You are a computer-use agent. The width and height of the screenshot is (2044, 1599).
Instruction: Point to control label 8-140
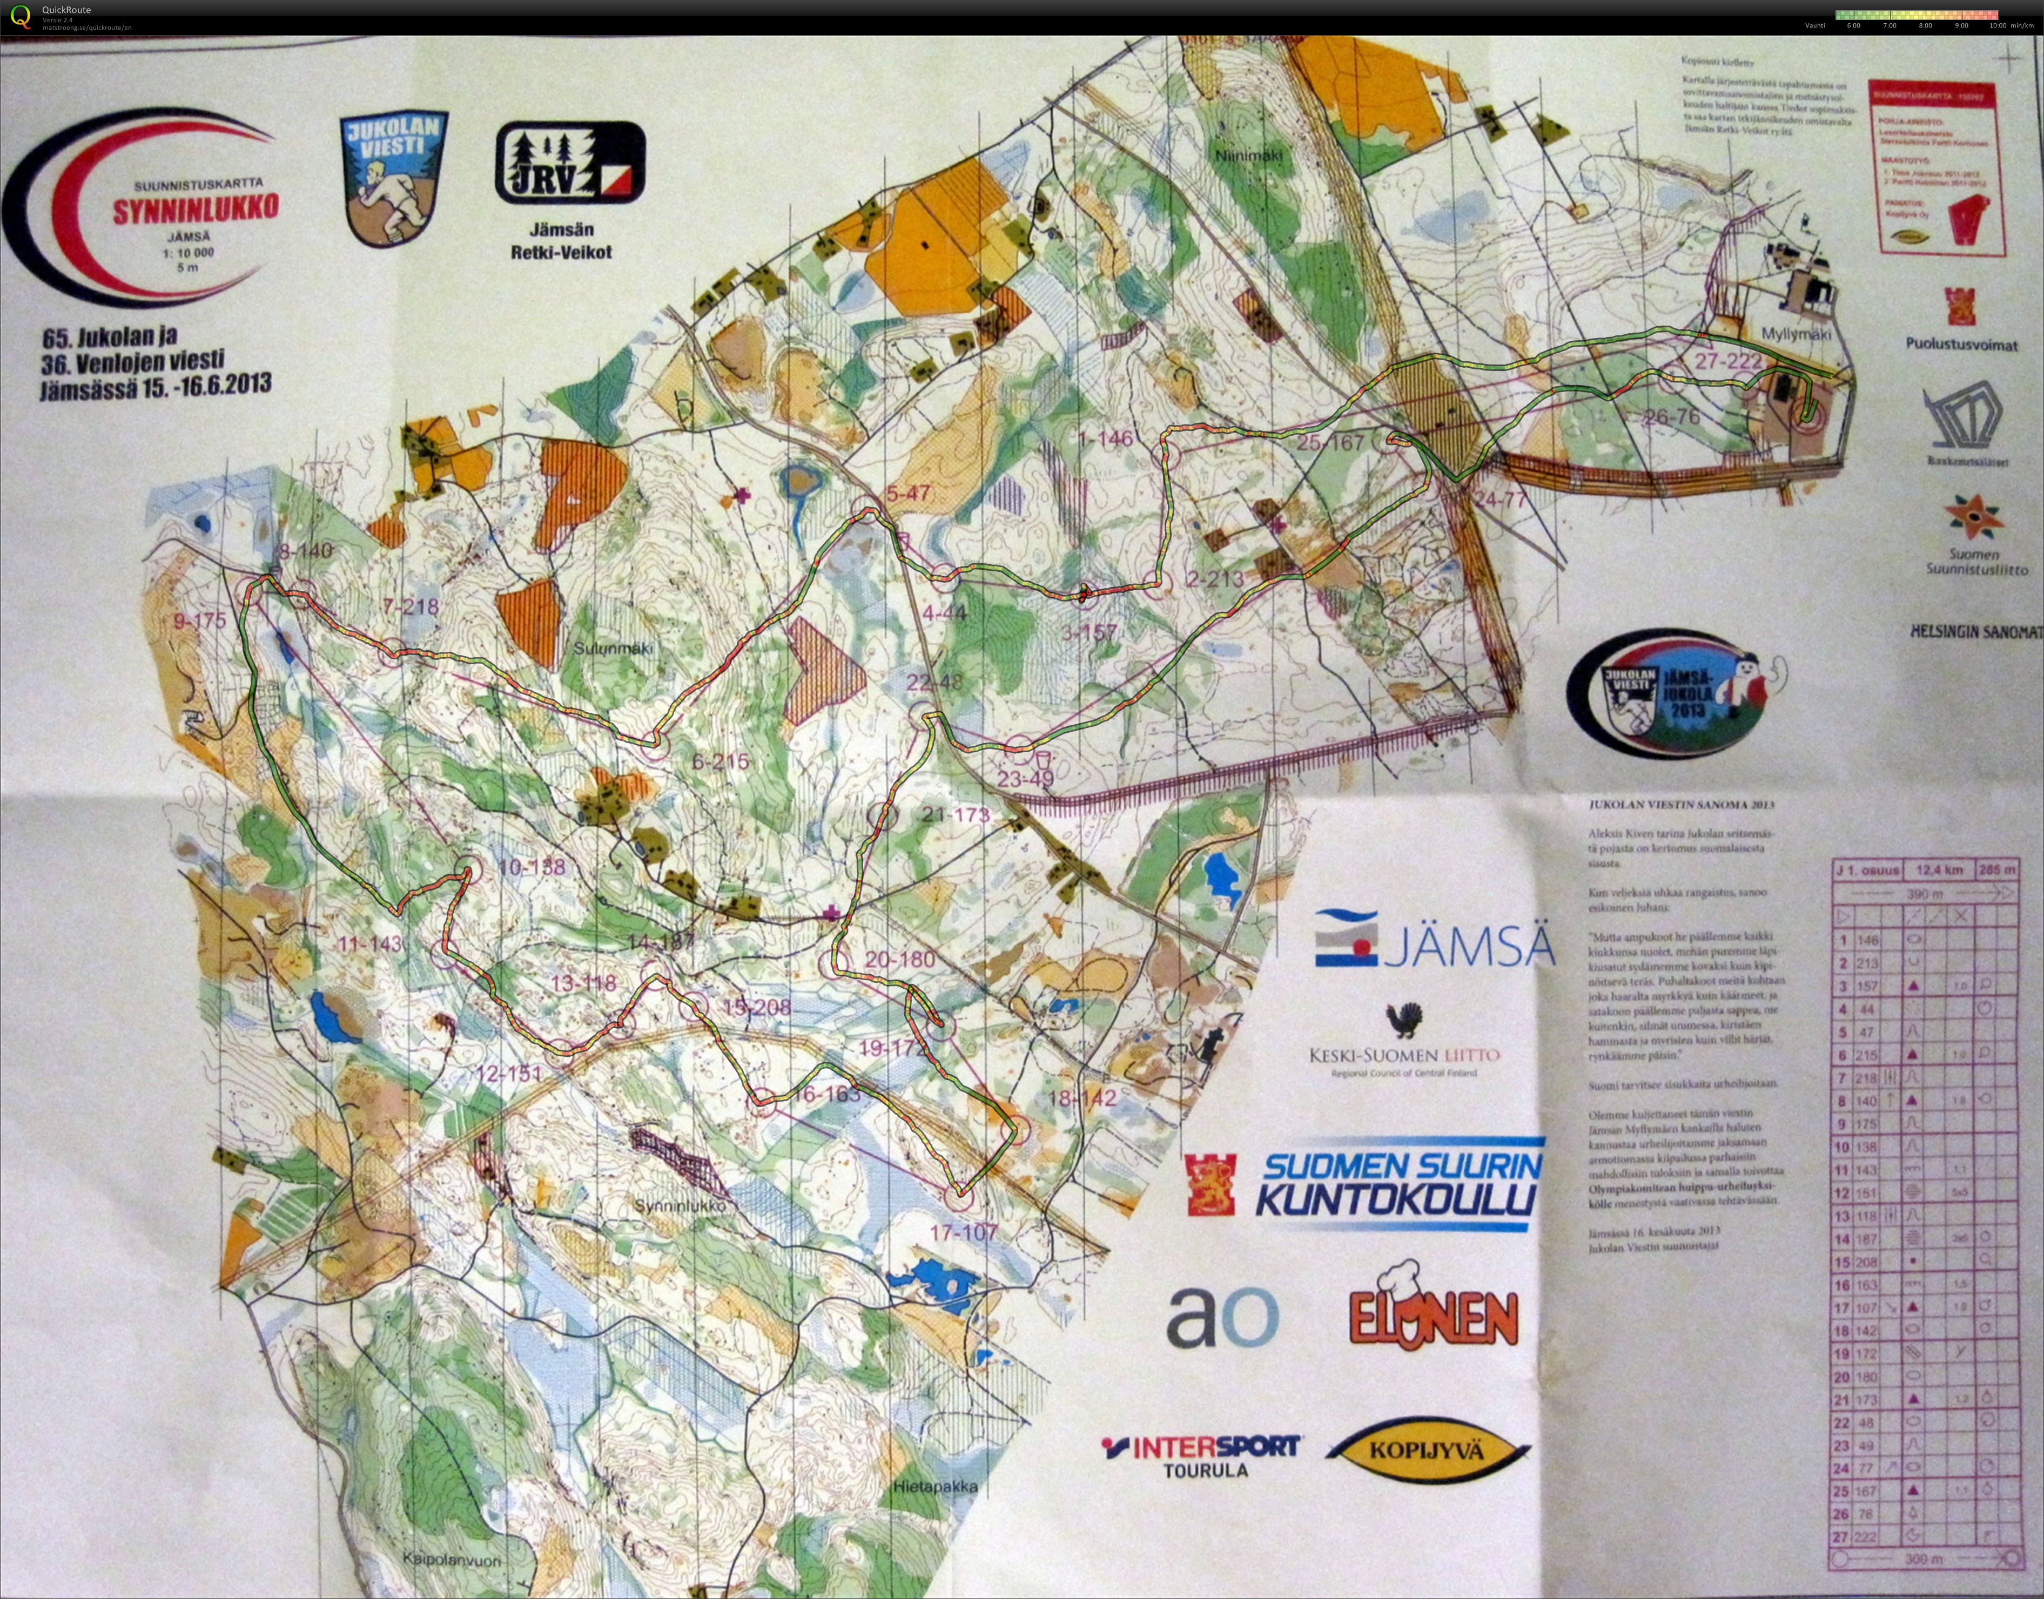(x=306, y=550)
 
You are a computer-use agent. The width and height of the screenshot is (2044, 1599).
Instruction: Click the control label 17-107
(x=964, y=1232)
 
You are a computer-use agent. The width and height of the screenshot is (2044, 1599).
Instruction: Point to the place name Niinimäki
(x=1249, y=156)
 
